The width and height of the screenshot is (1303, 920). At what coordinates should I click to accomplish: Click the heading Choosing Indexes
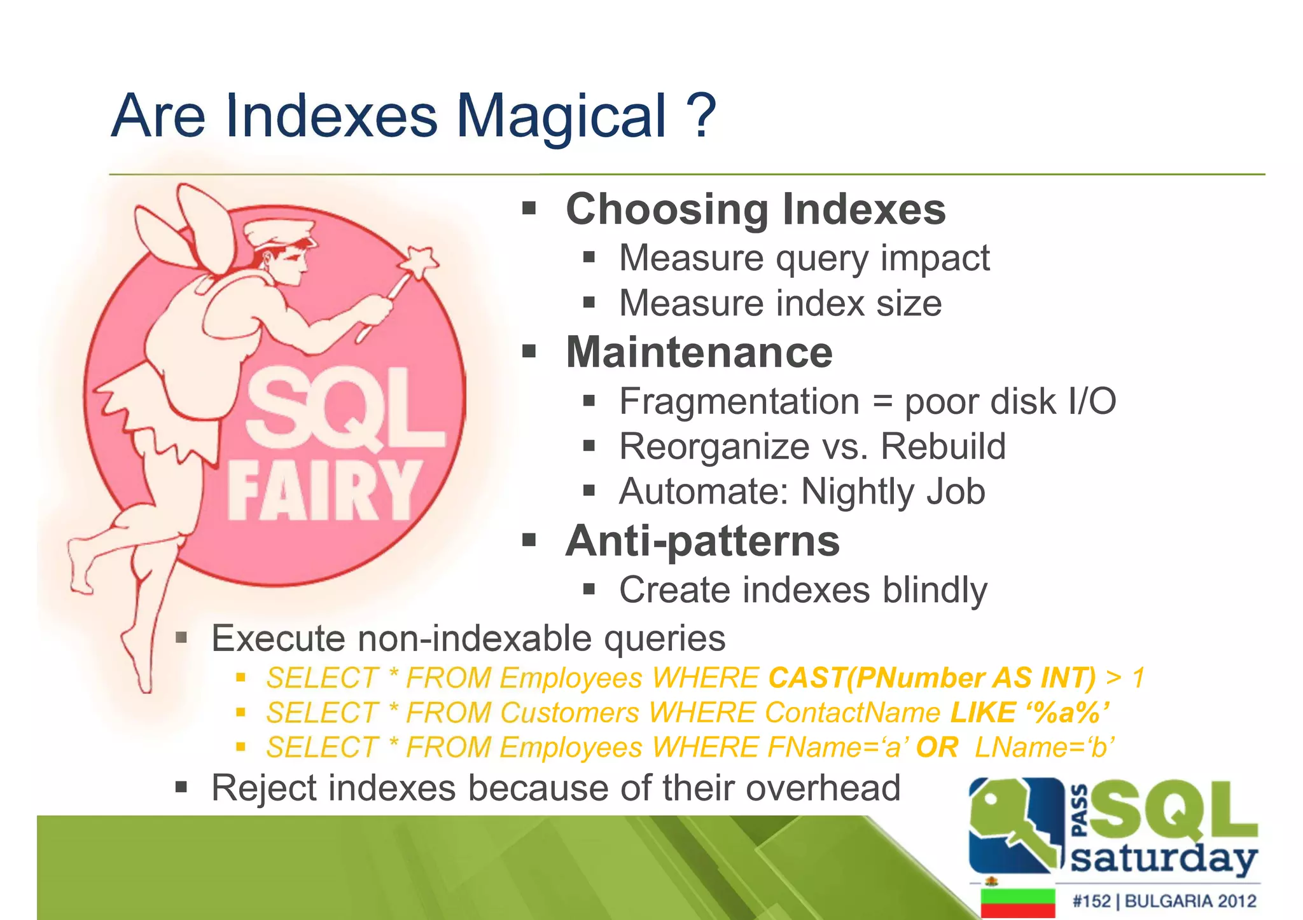coord(755,209)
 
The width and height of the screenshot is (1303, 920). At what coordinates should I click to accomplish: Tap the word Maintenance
coord(699,352)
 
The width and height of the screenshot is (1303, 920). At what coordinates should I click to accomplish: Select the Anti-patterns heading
coord(702,541)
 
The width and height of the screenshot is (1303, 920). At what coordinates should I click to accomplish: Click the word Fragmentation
coord(739,402)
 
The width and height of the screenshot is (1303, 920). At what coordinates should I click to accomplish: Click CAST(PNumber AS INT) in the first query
coord(931,678)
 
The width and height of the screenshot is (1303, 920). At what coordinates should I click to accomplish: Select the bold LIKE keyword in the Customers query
coord(982,712)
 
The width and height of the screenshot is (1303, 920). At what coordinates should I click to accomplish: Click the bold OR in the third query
coord(937,747)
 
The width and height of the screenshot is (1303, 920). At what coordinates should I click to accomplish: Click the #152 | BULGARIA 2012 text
coord(1164,901)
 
